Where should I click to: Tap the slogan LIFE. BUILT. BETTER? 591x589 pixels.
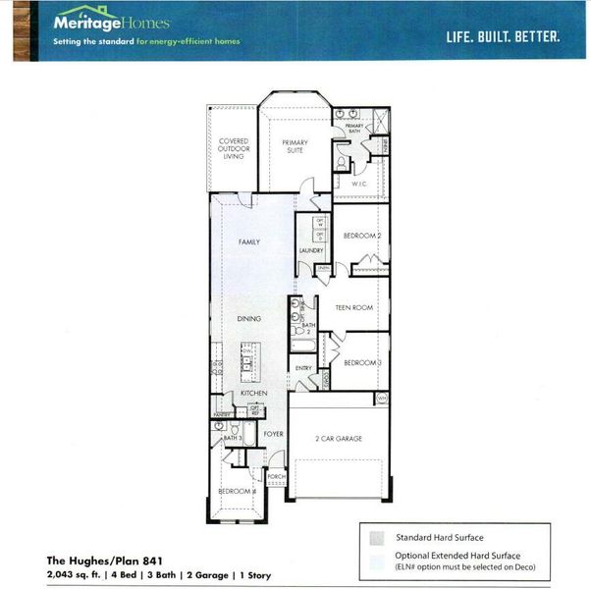coord(503,36)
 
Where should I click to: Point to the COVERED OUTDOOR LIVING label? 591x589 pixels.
coord(233,148)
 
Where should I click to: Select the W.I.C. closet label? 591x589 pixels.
coord(359,184)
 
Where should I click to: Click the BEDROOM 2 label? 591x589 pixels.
coord(361,236)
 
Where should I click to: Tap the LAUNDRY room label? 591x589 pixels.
coord(311,251)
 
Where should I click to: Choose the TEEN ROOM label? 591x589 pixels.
coord(354,308)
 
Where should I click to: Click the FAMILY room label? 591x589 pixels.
coord(249,241)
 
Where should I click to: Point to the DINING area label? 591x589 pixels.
coord(249,319)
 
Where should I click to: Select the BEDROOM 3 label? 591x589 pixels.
coord(361,363)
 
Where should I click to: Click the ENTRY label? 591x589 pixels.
coord(303,369)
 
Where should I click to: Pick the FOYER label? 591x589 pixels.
coord(272,433)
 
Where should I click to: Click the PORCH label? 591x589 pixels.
coord(276,476)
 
